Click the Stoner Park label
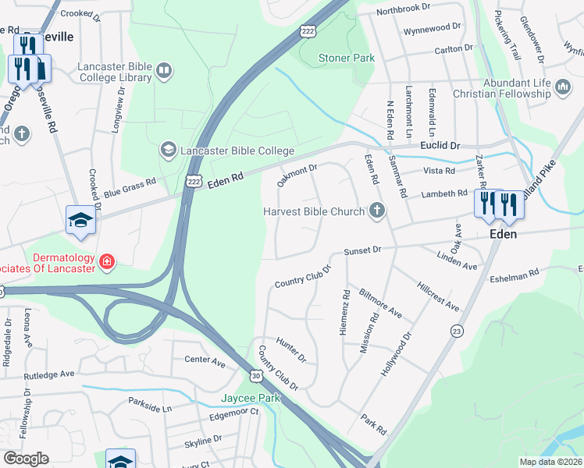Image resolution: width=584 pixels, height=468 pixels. click(347, 58)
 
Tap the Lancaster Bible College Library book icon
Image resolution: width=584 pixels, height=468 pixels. click(164, 72)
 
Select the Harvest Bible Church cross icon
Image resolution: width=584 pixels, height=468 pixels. click(377, 211)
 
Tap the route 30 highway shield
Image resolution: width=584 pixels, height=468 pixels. click(257, 376)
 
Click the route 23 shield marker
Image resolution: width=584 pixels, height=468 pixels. click(456, 331)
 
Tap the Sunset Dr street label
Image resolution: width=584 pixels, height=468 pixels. click(362, 250)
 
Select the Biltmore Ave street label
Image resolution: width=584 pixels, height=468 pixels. click(380, 303)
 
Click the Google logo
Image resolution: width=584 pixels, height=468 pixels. click(26, 458)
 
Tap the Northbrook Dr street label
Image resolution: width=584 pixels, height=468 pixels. click(403, 8)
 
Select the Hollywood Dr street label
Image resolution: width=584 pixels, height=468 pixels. click(396, 355)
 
